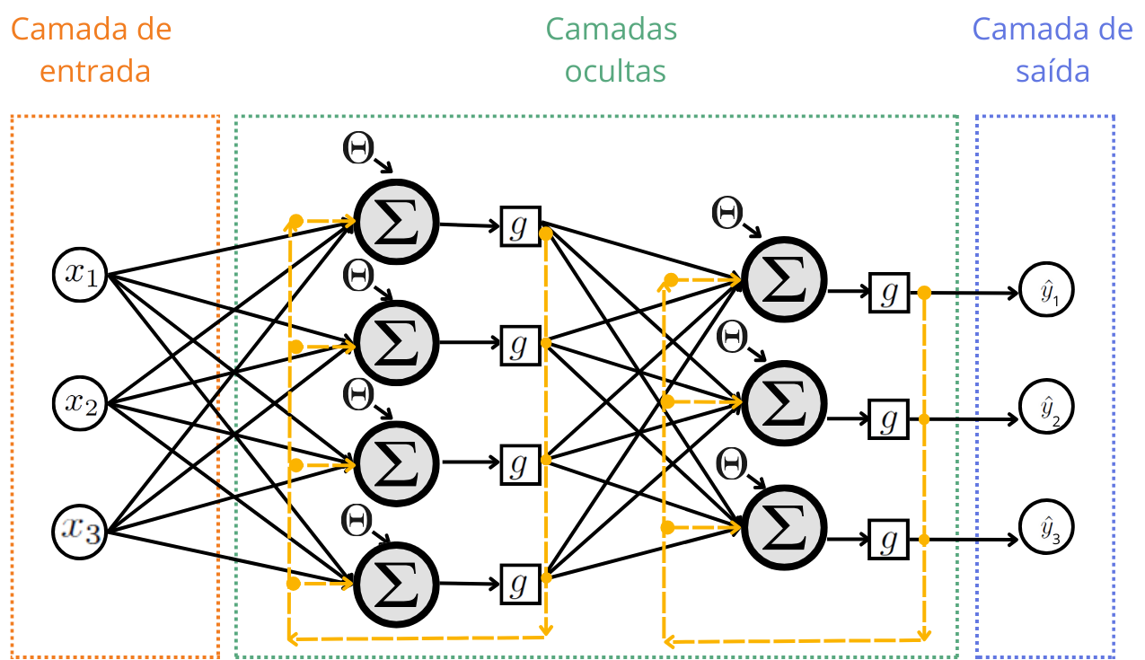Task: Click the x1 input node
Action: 80,273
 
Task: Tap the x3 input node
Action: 80,529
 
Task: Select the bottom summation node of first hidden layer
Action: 396,583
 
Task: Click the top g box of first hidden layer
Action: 520,226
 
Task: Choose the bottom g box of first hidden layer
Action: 520,584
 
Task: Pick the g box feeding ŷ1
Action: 889,292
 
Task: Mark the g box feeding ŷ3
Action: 889,540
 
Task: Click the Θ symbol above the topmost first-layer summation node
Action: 358,149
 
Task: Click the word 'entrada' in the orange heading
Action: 96,71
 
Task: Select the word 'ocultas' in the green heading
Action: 615,71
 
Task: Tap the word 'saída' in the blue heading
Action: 1053,71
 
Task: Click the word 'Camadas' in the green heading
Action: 612,29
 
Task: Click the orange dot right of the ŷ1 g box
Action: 924,293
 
